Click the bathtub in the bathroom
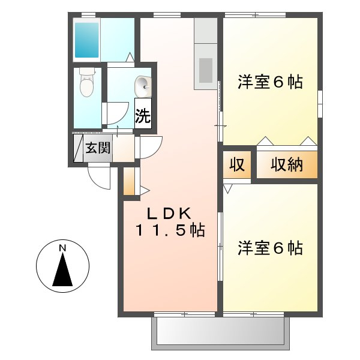(87, 39)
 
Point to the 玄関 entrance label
(97, 148)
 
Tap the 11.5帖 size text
(170, 230)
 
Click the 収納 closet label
(286, 164)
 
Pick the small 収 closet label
(238, 164)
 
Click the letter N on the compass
(62, 248)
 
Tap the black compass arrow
(62, 271)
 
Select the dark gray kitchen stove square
(206, 70)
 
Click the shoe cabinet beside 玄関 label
(78, 148)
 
